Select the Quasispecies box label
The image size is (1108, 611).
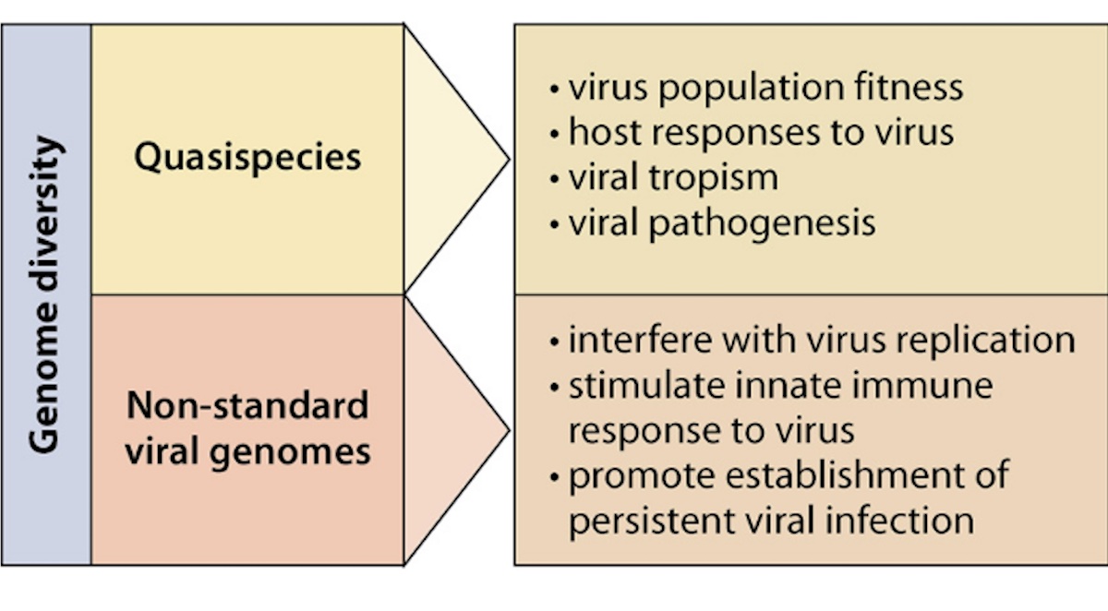pos(247,157)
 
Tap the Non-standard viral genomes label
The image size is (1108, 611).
pos(247,428)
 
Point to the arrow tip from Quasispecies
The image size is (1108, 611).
pos(507,159)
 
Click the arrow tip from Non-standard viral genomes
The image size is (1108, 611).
pos(507,429)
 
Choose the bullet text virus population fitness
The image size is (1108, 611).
pos(765,88)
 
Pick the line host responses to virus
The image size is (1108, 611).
pos(760,132)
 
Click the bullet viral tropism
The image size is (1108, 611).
pos(672,177)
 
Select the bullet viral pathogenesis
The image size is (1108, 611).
pos(721,222)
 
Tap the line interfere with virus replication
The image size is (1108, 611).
pos(821,340)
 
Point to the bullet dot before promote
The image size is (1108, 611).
pos(554,477)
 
